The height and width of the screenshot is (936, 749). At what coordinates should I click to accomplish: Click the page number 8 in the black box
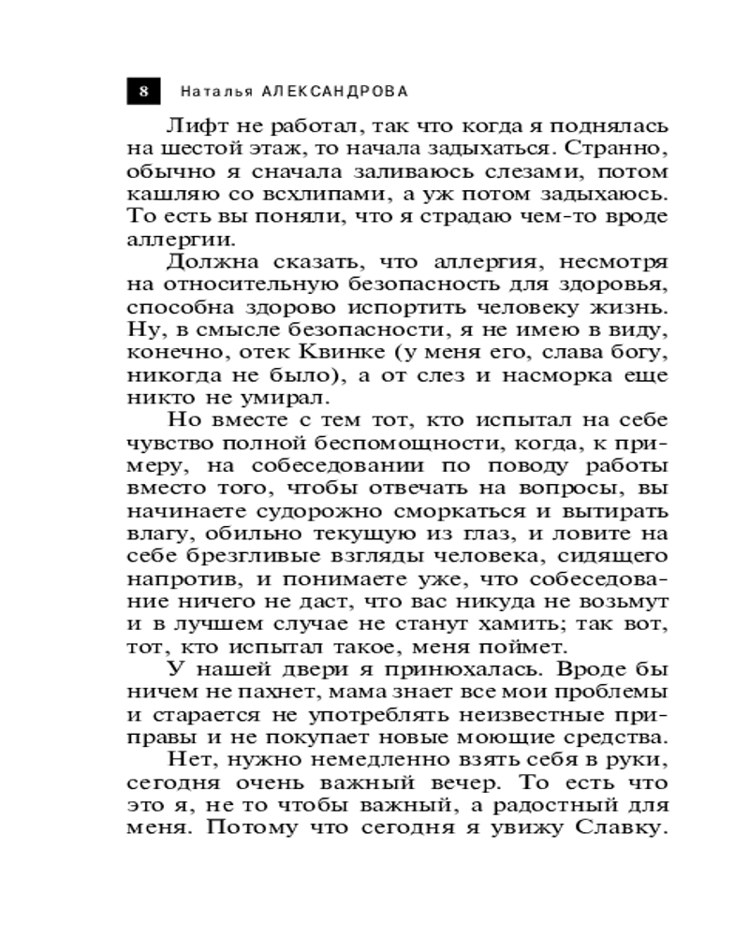click(143, 91)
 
